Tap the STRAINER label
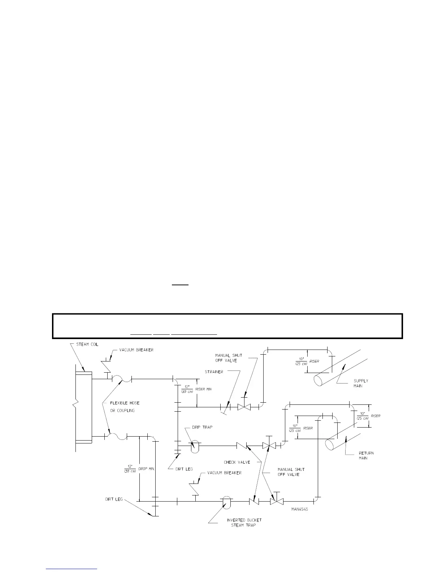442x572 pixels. click(214, 372)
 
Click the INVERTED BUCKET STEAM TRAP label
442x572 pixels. click(244, 523)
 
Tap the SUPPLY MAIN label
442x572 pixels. click(361, 383)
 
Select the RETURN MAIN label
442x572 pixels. click(366, 455)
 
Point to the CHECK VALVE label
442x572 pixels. click(237, 462)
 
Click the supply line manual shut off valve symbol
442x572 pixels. click(244, 407)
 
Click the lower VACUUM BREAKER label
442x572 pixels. click(224, 473)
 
